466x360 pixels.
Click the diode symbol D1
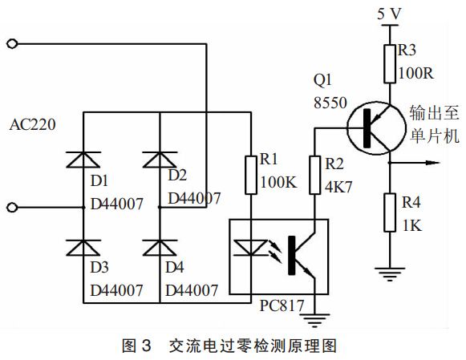(84, 160)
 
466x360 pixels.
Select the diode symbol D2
(160, 160)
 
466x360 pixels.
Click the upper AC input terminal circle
(11, 42)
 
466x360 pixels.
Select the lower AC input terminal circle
(11, 208)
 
